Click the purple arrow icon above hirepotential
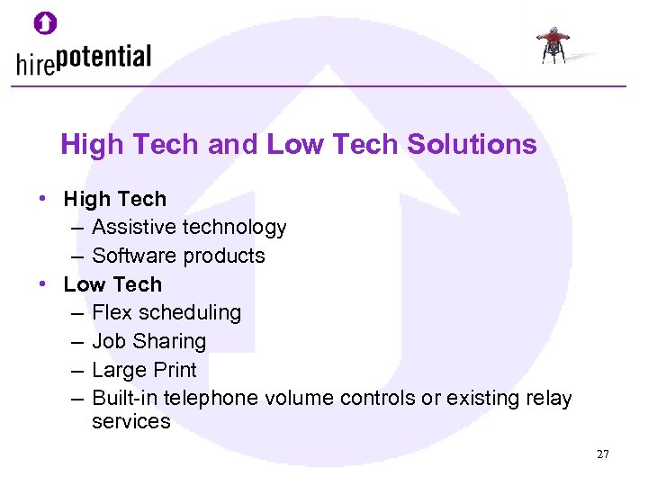(45, 22)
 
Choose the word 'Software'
(133, 256)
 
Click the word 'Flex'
(112, 312)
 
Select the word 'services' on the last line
(130, 421)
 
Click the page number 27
(602, 454)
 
